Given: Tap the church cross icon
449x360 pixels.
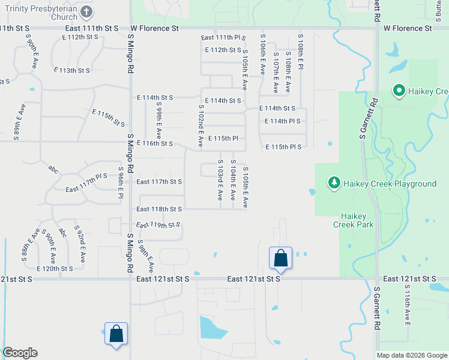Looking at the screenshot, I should coord(86,11).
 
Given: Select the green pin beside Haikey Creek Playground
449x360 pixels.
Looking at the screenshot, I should coord(334,182).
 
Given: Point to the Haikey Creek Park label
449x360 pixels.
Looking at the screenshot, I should coord(357,220).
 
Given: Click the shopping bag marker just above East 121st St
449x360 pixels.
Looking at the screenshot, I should coord(280,258).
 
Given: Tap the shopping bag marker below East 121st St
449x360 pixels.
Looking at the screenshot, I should coord(116,334).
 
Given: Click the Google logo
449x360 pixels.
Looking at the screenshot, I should coord(20,353).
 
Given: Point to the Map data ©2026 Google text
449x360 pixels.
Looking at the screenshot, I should coord(412,355).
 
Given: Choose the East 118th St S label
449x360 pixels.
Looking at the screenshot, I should coord(158,209).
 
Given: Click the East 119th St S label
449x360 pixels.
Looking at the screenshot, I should coord(158,225).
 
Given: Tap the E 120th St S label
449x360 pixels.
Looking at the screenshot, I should coord(55,269).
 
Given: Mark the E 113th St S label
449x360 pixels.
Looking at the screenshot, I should coord(71,70).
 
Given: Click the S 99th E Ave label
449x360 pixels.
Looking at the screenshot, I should coord(159,120).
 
